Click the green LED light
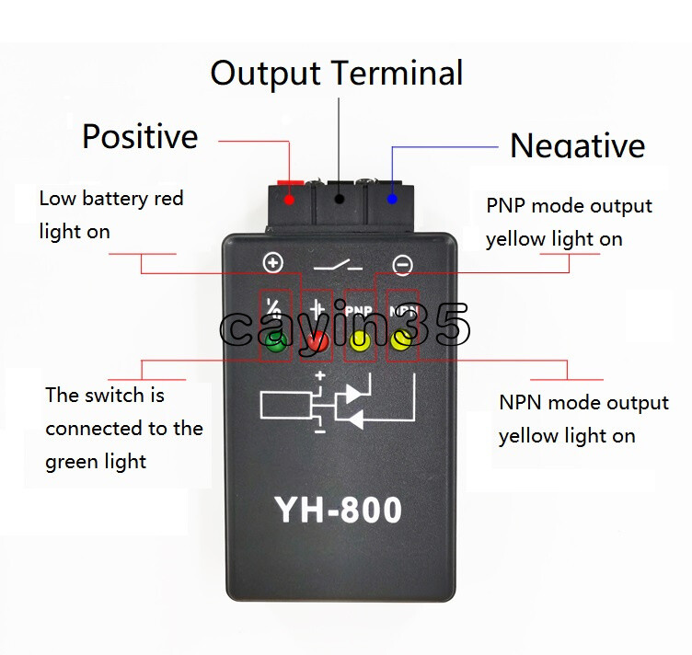point(275,342)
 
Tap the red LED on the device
point(317,342)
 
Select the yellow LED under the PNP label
point(359,342)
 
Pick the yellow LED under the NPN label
point(401,341)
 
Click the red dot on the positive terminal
point(291,199)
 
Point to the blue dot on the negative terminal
point(393,198)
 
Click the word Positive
point(140,137)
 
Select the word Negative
point(577,145)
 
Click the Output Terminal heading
point(336,73)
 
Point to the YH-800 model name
point(338,509)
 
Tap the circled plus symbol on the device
point(273,264)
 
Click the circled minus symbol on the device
point(402,265)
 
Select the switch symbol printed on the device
point(338,265)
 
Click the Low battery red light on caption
point(110,214)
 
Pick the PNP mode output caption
point(569,222)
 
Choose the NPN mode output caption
point(583,419)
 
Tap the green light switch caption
point(123,428)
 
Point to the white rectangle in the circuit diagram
point(286,405)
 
